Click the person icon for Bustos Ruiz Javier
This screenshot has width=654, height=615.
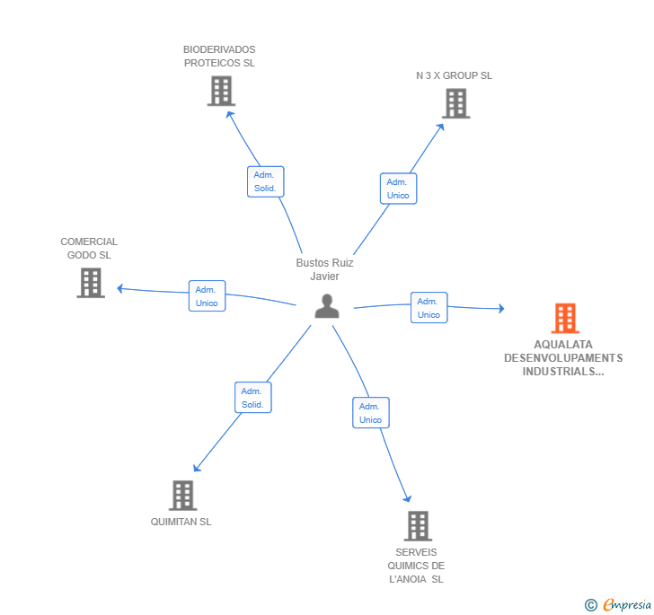(x=327, y=307)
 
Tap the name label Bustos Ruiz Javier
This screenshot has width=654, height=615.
(x=325, y=269)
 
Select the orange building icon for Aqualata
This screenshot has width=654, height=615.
(x=564, y=318)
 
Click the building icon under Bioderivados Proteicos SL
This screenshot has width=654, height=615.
(x=221, y=91)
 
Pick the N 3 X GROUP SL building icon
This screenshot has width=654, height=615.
(x=455, y=103)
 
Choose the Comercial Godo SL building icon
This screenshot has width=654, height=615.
(x=91, y=283)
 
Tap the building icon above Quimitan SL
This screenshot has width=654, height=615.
(x=182, y=495)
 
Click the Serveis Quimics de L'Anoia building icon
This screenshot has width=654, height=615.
(x=417, y=525)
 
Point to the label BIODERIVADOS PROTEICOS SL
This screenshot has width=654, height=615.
(x=219, y=57)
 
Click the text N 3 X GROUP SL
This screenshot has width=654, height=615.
(x=454, y=75)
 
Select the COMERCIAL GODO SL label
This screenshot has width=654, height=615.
(x=89, y=248)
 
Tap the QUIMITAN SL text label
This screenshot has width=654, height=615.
(x=181, y=522)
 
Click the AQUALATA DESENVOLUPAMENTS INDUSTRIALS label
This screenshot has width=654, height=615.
(x=563, y=357)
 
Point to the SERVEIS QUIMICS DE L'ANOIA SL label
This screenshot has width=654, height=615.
(x=416, y=566)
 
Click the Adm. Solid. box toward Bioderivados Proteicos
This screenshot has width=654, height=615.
(x=265, y=181)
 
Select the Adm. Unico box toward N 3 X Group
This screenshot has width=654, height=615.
(x=398, y=189)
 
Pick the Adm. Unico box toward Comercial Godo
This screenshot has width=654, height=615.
(x=207, y=296)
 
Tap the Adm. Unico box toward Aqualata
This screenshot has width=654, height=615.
(x=429, y=308)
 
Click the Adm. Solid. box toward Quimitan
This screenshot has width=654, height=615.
(x=252, y=398)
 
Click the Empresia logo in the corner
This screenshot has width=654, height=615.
(x=618, y=604)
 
